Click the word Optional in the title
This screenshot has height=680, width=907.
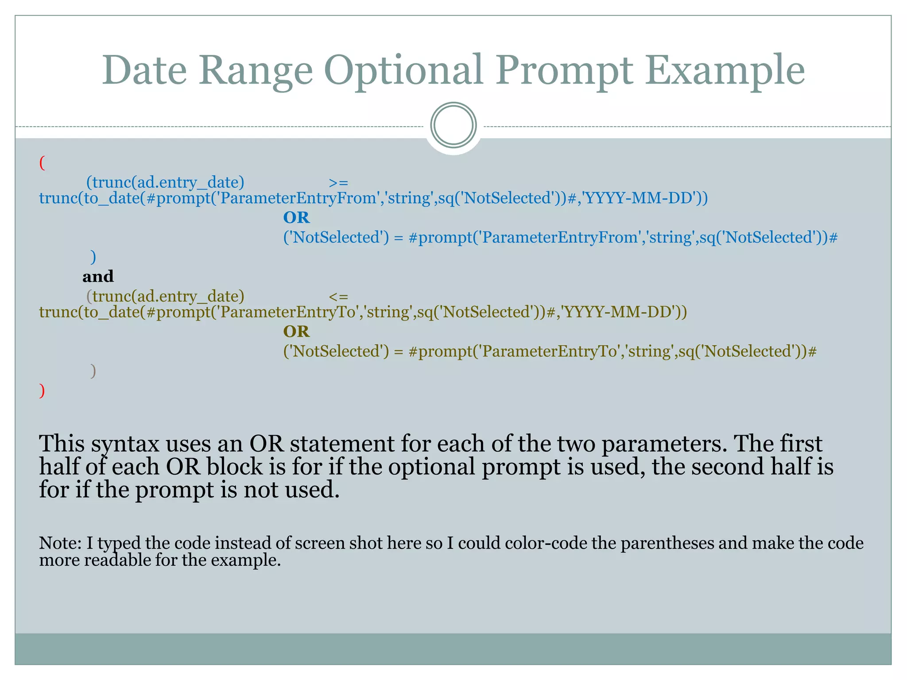point(403,71)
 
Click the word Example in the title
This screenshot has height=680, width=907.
point(725,71)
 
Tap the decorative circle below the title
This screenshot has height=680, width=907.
point(453,125)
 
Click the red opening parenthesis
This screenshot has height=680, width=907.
point(42,163)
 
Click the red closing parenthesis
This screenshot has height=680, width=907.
point(42,390)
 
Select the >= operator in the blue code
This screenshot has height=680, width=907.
point(339,182)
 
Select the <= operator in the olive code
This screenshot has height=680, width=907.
point(339,296)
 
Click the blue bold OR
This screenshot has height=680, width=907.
point(296,217)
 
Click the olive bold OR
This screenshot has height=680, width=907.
point(296,331)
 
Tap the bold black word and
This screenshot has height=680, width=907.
point(98,277)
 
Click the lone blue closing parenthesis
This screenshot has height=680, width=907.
point(93,256)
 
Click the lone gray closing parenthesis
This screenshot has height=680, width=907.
point(93,371)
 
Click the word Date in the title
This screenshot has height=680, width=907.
point(144,71)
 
